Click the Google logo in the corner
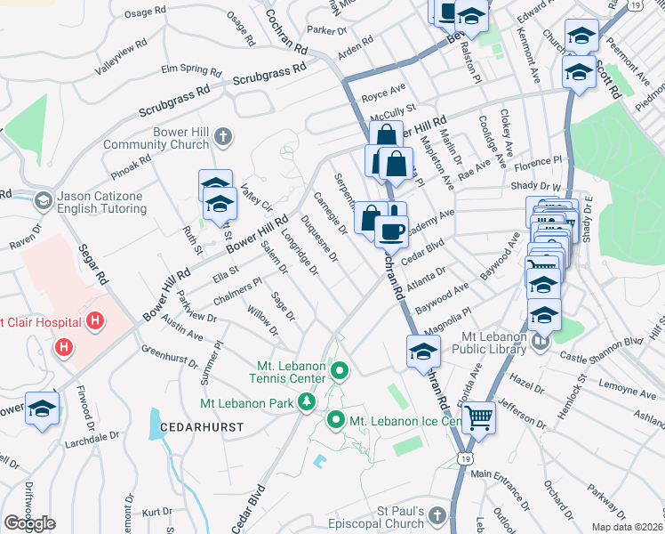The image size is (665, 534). coord(29,523)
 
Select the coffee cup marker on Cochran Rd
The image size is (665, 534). coord(389,231)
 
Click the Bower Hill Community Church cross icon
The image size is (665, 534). coord(223,136)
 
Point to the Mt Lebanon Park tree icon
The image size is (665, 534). coord(307,403)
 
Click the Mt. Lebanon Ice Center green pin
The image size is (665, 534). coord(336,419)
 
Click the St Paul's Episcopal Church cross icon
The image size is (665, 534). coord(437,515)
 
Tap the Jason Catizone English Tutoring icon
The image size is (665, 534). coord(43,201)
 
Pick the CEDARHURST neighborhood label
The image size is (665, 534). coord(202,428)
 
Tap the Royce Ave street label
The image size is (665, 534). coord(383,89)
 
